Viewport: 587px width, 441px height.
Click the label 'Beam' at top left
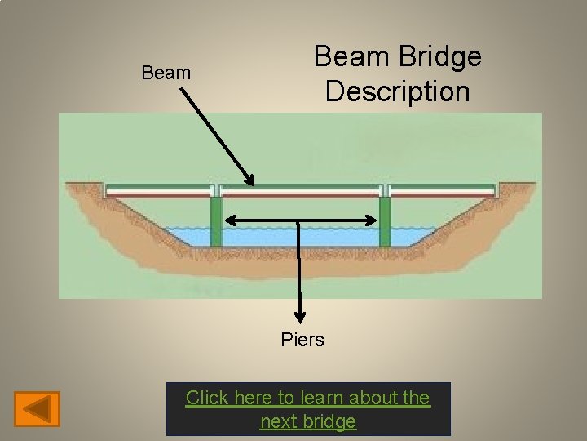coord(166,73)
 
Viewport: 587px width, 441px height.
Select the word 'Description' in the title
coord(397,91)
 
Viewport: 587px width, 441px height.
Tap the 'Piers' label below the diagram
coord(302,340)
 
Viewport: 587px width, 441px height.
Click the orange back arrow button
coord(38,408)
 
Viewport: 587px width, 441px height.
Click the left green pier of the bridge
coord(216,221)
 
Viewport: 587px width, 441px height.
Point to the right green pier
coord(384,221)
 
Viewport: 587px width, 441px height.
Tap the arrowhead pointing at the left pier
coord(229,220)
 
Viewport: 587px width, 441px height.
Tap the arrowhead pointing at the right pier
coord(373,220)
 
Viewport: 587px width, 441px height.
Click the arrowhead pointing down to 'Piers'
coord(301,318)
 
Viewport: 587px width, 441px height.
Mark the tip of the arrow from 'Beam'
coord(251,182)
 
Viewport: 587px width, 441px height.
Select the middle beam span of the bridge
coord(300,191)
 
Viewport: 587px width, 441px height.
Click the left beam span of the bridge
coord(160,191)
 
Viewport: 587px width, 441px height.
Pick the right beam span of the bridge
coord(442,191)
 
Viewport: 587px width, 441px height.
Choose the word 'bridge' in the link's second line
coord(332,421)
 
